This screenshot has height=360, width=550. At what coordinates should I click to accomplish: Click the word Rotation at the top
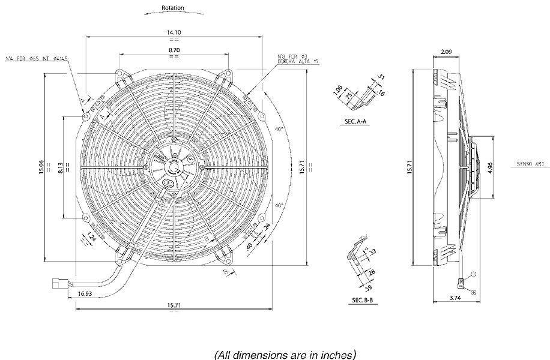pos(173,8)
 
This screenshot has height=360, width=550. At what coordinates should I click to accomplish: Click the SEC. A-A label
pos(358,121)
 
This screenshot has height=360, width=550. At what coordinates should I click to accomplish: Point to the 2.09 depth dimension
pos(446,52)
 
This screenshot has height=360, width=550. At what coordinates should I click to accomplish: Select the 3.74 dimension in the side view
pos(455,298)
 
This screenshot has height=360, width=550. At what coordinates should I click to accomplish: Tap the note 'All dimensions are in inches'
pos(285,354)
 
